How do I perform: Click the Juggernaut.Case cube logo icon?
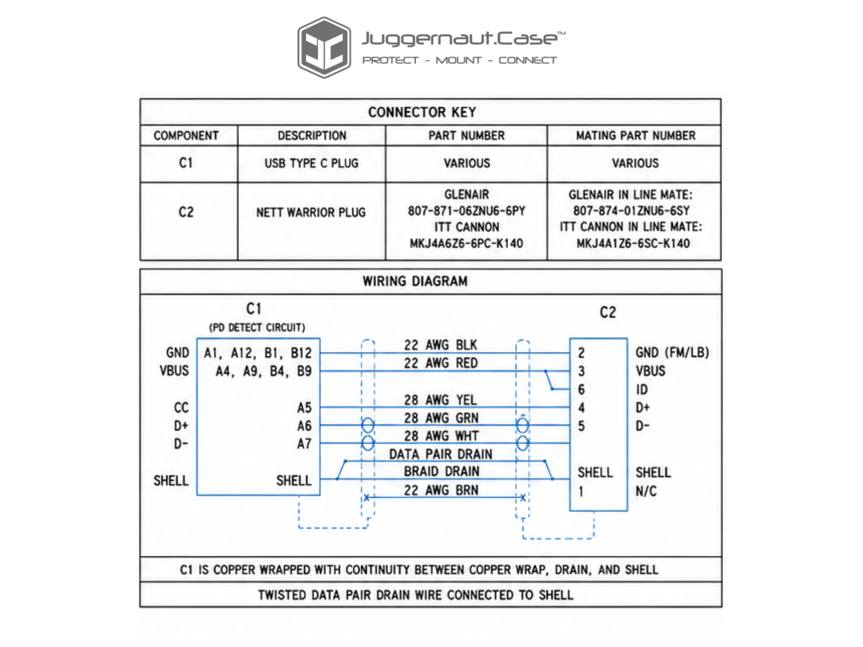[324, 47]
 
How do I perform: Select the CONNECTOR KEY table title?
[422, 112]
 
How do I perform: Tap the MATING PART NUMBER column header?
[635, 135]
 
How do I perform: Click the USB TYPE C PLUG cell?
[311, 163]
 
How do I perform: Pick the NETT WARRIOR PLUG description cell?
[311, 212]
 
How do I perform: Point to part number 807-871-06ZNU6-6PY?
[467, 211]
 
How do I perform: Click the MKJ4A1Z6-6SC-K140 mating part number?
[633, 244]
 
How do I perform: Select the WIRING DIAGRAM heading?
[415, 281]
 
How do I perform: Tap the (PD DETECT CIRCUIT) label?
[257, 328]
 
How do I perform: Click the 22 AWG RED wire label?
[441, 363]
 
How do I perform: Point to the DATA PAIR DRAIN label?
[440, 455]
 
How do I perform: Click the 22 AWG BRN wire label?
[441, 490]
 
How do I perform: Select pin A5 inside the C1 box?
[304, 408]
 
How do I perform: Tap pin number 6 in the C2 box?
[581, 390]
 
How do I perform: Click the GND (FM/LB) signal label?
[672, 353]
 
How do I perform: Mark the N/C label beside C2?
[646, 491]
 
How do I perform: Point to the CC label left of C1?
[181, 408]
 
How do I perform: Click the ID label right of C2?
[642, 390]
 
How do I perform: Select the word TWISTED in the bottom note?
[282, 595]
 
